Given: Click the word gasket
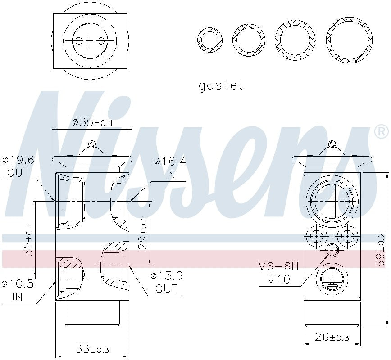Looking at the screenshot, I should pyautogui.click(x=220, y=85).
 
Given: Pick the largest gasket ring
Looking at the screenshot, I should pyautogui.click(x=349, y=40).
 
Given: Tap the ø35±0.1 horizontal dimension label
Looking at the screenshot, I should pyautogui.click(x=93, y=122).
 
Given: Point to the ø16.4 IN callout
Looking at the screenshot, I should pyautogui.click(x=170, y=167).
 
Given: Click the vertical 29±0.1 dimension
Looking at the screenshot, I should pyautogui.click(x=144, y=234).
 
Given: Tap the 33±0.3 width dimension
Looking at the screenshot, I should pyautogui.click(x=92, y=349).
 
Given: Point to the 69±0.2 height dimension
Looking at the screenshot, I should pyautogui.click(x=381, y=250).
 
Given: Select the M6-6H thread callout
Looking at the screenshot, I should pyautogui.click(x=278, y=266).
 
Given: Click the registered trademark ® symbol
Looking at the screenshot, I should pyautogui.click(x=381, y=131).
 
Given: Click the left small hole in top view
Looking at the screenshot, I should pyautogui.click(x=79, y=41).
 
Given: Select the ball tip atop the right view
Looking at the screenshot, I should pyautogui.click(x=332, y=144).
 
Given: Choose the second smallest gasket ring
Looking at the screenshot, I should pyautogui.click(x=249, y=40).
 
